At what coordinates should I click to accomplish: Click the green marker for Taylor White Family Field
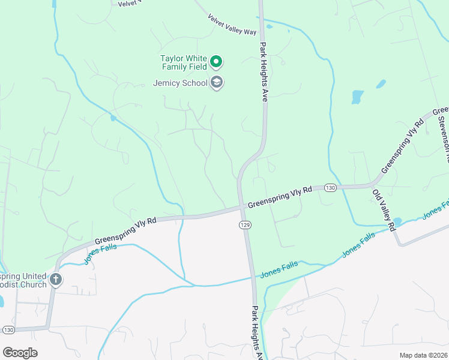216,62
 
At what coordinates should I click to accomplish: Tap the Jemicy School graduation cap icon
216,83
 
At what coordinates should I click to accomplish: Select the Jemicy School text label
180,83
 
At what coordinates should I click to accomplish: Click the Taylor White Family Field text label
183,62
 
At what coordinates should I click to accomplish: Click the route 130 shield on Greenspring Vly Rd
330,187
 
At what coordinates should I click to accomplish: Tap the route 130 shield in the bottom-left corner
8,330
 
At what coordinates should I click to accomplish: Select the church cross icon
55,280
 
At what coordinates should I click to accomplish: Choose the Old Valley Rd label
384,210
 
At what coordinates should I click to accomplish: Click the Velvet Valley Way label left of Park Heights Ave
232,25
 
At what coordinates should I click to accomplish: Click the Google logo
20,352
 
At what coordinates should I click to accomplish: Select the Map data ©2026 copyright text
423,355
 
